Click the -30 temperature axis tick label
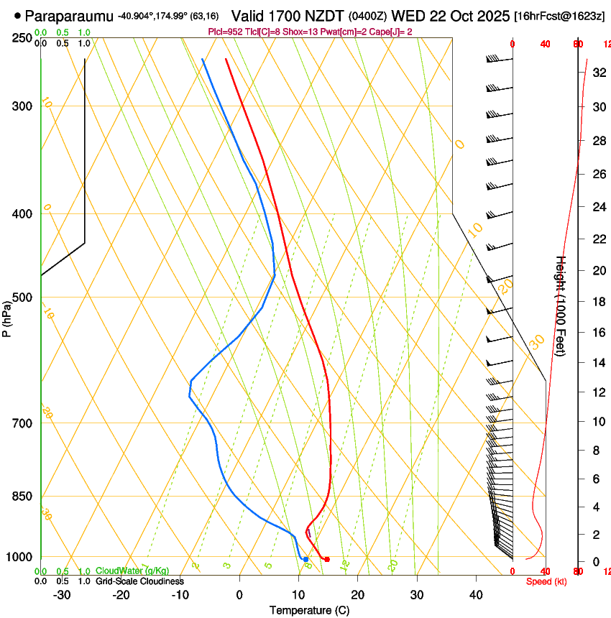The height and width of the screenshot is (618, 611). pos(61,594)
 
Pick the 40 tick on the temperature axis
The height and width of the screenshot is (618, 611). pos(476,594)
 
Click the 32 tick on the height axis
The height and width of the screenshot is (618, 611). pos(598,73)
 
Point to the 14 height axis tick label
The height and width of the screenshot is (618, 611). pos(598,363)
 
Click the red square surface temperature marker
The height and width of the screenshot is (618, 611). pos(327,559)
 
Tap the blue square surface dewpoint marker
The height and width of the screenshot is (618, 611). pos(305,559)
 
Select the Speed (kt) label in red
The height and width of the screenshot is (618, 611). pos(546,581)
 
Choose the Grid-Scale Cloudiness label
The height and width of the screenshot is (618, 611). pos(139,581)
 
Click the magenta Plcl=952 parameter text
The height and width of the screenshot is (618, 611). pos(224,32)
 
